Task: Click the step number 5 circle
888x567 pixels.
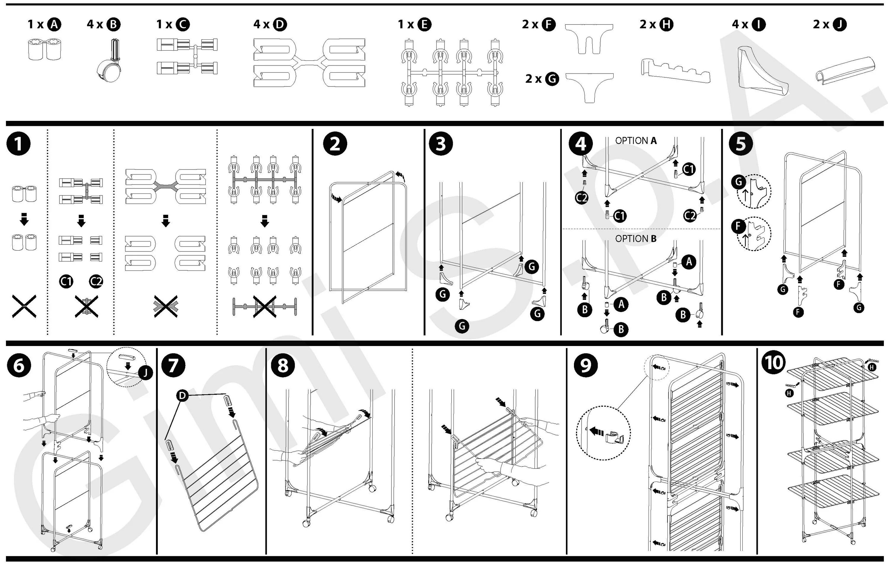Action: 741,144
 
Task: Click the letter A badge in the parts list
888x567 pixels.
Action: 54,24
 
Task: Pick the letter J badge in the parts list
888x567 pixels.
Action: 840,24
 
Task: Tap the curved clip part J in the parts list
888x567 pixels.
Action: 844,68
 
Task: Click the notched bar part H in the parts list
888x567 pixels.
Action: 675,70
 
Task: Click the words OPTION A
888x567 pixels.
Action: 636,141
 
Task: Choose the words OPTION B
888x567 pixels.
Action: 636,239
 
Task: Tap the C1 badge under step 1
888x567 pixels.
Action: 66,282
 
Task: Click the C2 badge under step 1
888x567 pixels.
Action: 96,282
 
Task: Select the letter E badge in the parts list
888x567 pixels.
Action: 424,24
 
